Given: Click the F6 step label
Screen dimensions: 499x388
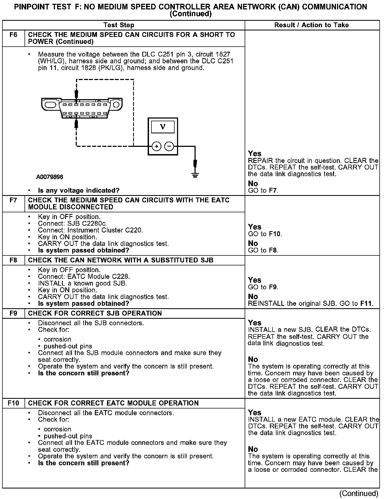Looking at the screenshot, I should point(13,35).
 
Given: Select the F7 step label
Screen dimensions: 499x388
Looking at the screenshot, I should point(13,200).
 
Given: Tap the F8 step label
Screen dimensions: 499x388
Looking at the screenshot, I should point(13,260).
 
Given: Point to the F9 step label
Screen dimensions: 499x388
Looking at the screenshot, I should point(13,313).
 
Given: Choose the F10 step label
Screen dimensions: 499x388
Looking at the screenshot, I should point(13,403).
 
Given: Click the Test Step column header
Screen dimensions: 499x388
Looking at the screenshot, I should point(119,25).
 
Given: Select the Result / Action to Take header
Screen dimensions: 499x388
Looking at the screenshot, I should point(311,25).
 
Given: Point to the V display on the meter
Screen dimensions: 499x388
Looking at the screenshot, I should point(163,127).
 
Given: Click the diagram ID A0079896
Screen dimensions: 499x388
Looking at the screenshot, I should point(50,177).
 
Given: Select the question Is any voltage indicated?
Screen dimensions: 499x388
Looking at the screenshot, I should point(79,190).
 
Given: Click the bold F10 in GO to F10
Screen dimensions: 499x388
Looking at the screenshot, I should point(275,234).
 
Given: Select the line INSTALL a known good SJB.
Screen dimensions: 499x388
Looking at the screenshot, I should point(82,283).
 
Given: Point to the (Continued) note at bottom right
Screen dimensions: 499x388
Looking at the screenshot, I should point(359,493).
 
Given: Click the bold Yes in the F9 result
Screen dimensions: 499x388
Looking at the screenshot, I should point(255,323).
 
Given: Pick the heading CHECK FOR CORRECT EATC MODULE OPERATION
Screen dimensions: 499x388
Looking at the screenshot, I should point(113,403).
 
